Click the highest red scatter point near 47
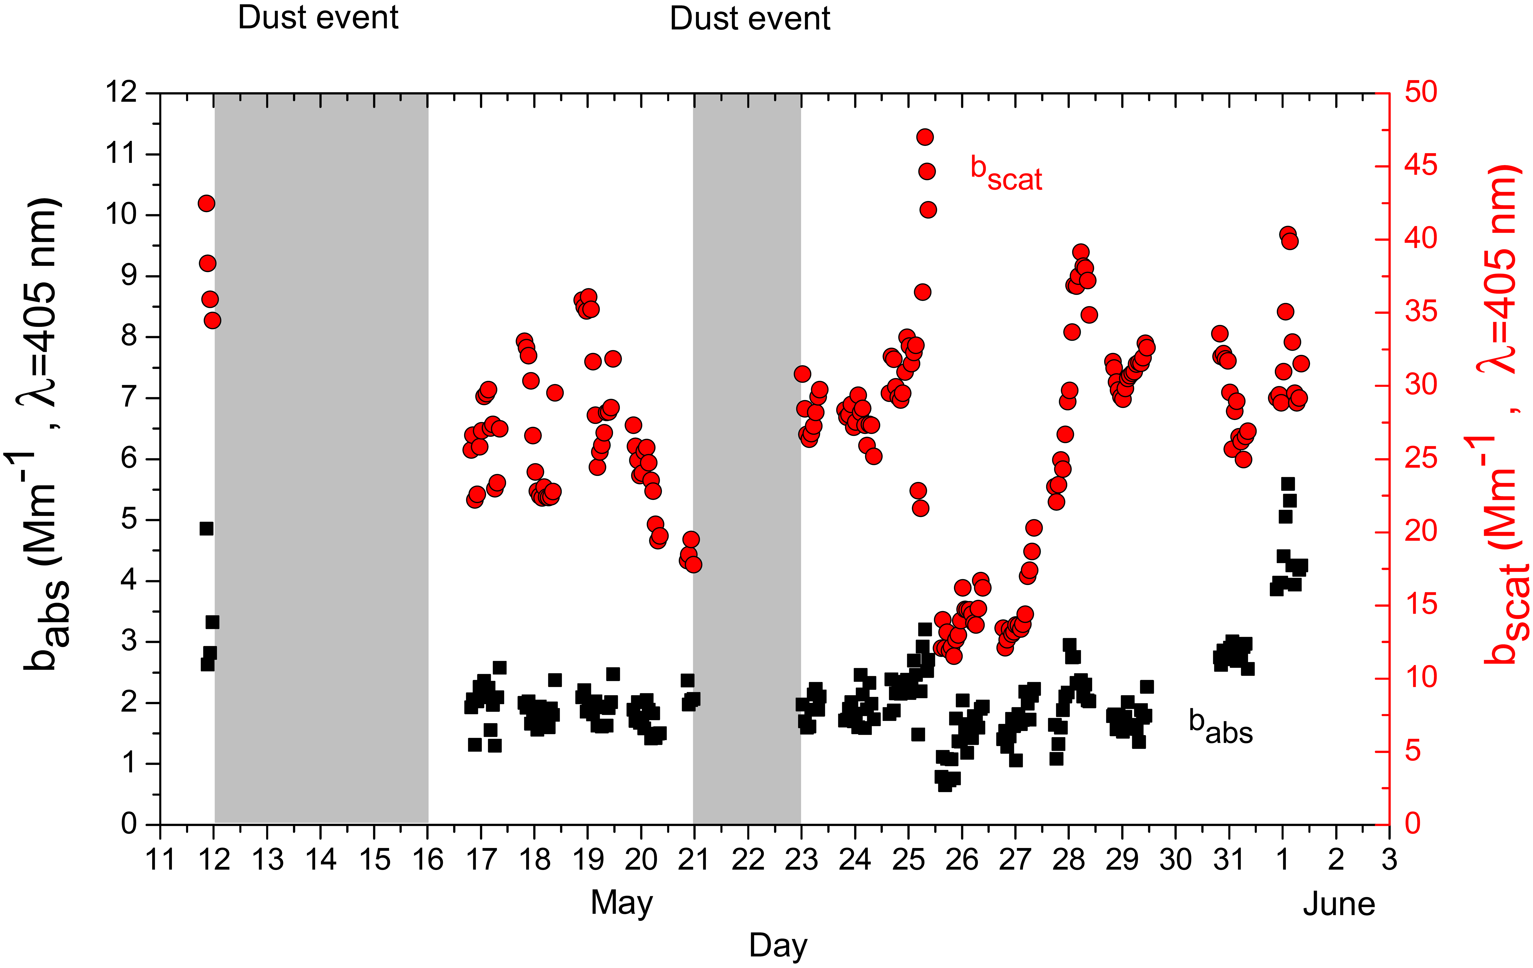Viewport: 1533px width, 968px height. (925, 137)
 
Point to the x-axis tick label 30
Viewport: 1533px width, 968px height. (1175, 860)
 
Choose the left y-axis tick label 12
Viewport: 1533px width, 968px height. (121, 93)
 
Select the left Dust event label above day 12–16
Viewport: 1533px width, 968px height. (318, 18)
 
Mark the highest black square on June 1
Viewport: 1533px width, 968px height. (1288, 484)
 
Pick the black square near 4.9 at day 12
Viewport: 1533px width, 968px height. (206, 529)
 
